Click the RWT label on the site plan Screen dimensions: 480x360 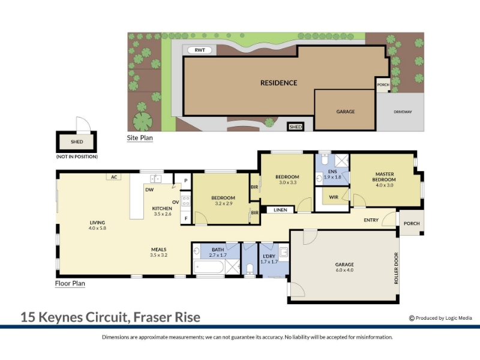pyautogui.click(x=200, y=50)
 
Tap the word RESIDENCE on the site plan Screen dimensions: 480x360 pyautogui.click(x=278, y=83)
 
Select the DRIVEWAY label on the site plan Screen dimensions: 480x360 pyautogui.click(x=403, y=112)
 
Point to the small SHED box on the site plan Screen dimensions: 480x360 pyautogui.click(x=295, y=127)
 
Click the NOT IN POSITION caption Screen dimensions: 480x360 pyautogui.click(x=77, y=157)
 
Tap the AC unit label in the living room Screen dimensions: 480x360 pyautogui.click(x=114, y=177)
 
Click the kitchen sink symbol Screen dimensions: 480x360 pyautogui.click(x=155, y=178)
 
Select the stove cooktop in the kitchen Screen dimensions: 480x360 pyautogui.click(x=186, y=201)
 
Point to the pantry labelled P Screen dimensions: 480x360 pyautogui.click(x=185, y=181)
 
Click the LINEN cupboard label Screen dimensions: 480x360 pyautogui.click(x=280, y=209)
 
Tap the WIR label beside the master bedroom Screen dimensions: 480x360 pyautogui.click(x=334, y=197)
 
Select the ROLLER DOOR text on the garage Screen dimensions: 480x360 pyautogui.click(x=396, y=268)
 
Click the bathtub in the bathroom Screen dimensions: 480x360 pyautogui.click(x=209, y=267)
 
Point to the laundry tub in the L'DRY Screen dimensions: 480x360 pyautogui.click(x=283, y=252)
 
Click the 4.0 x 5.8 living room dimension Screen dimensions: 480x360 pyautogui.click(x=97, y=228)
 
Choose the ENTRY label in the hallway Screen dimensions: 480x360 pyautogui.click(x=371, y=220)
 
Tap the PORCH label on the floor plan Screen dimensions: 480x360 pyautogui.click(x=412, y=223)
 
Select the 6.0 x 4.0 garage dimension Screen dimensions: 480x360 pyautogui.click(x=344, y=270)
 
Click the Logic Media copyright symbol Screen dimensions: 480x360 pyautogui.click(x=412, y=319)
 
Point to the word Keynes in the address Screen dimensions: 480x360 pyautogui.click(x=61, y=317)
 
